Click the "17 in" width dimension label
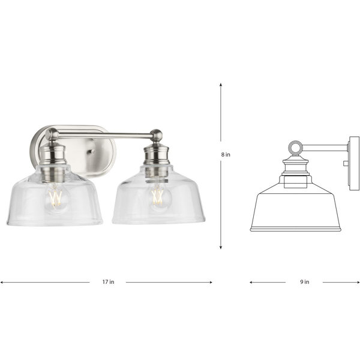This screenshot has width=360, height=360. (109, 282)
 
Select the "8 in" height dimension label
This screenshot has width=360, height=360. (226, 155)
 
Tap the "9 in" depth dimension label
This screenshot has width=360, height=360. (305, 282)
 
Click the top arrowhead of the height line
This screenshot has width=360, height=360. (221, 84)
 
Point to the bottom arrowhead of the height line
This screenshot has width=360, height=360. (221, 247)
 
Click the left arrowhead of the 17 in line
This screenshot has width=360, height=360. (2, 282)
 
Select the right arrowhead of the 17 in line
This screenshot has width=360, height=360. (211, 282)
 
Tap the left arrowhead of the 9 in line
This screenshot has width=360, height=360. (251, 282)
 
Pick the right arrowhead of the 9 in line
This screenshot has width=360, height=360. (358, 282)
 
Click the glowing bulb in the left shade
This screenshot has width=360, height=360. (56, 198)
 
